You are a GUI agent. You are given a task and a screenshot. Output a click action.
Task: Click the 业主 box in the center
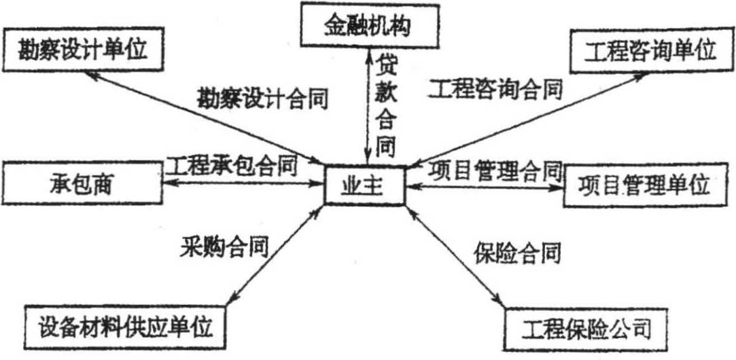pos(366,184)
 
